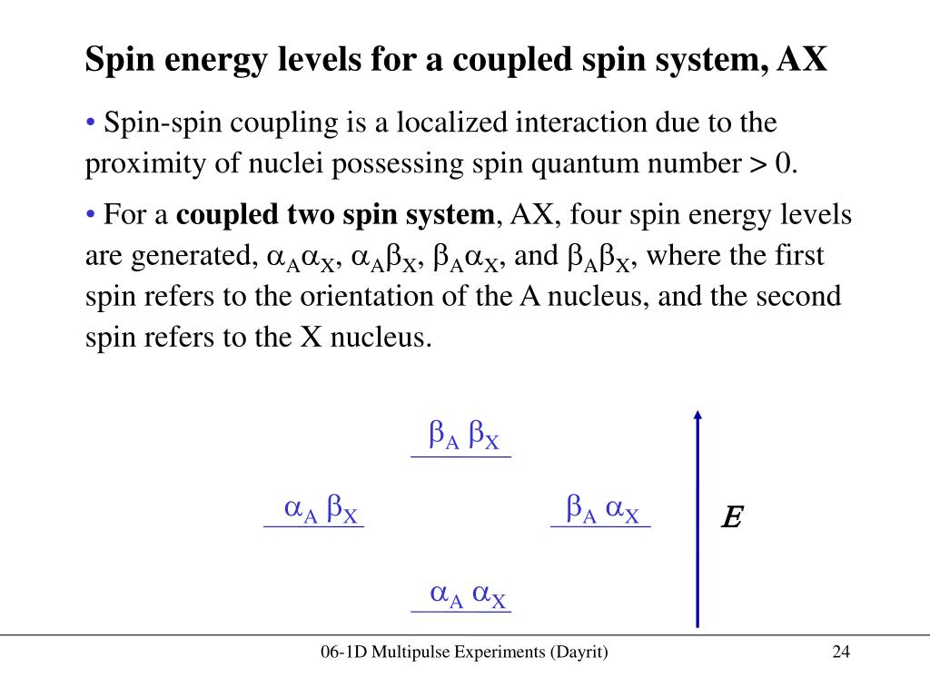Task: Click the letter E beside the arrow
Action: pyautogui.click(x=731, y=519)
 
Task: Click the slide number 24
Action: pyautogui.click(x=840, y=653)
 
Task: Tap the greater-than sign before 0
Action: pyautogui.click(x=757, y=164)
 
